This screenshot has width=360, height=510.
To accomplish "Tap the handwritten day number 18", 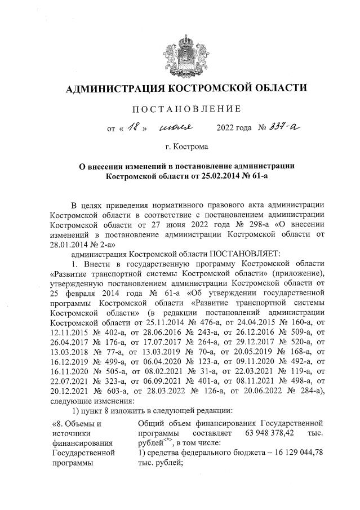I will [x=133, y=127].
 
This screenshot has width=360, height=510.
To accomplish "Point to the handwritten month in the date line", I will [x=176, y=128].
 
